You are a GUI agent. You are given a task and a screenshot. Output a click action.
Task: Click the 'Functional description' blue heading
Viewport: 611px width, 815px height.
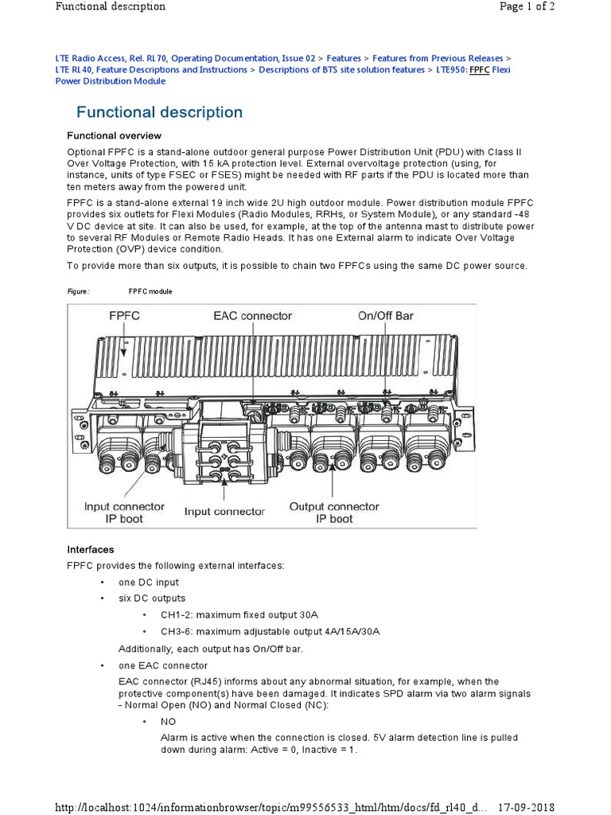(159, 112)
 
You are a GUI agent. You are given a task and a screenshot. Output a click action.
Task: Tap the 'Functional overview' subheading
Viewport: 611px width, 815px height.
(114, 136)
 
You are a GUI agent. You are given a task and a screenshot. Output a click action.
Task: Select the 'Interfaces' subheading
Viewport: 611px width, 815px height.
(90, 550)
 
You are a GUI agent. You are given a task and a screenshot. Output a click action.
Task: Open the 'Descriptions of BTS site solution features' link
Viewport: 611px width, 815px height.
(341, 70)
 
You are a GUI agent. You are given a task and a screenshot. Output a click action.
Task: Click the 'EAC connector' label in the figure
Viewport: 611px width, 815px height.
(253, 316)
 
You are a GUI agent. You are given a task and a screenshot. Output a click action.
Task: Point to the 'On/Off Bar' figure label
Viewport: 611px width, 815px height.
(385, 316)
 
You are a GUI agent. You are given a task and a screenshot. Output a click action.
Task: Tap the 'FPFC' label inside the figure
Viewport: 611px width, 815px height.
(124, 316)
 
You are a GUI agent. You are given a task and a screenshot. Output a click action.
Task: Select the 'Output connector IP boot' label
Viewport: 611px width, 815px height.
(334, 513)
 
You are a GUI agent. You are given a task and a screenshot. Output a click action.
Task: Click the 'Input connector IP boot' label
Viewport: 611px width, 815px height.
(124, 513)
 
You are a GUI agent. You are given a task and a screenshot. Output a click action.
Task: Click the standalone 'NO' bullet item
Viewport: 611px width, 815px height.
(168, 721)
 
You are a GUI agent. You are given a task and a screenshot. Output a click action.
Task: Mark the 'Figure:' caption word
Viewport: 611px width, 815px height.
(78, 292)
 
